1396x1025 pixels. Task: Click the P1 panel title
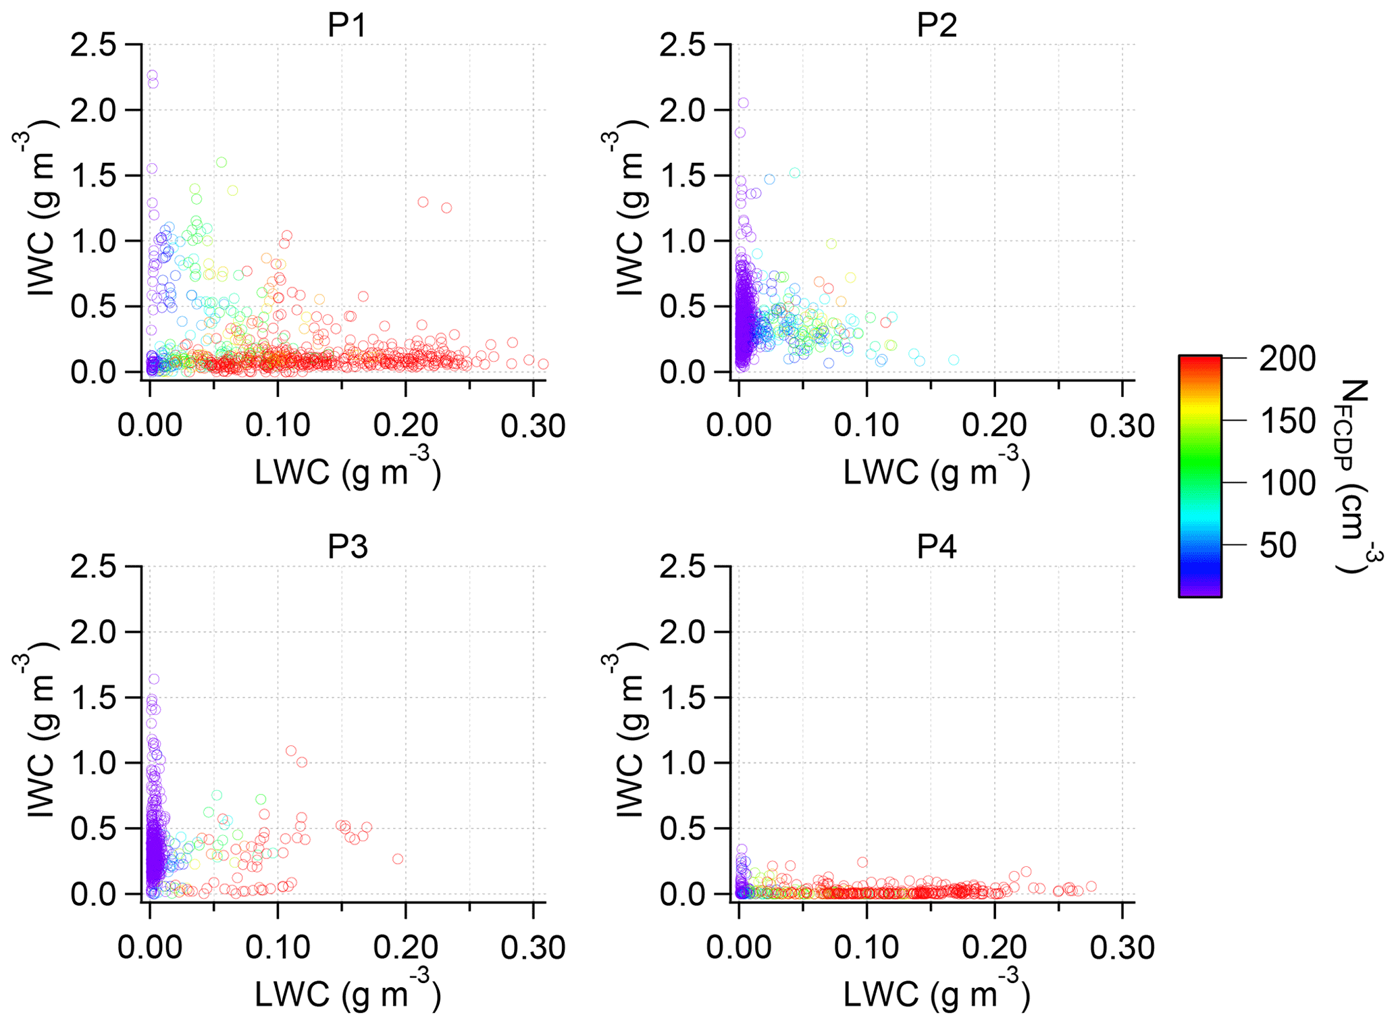pos(347,26)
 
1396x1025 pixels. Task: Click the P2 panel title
pos(936,26)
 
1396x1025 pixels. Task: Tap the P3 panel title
pos(347,547)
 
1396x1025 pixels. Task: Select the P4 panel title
pos(936,547)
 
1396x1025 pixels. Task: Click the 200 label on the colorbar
pos(1287,359)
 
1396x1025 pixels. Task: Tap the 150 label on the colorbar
pos(1287,421)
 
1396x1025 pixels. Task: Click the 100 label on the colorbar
pos(1287,483)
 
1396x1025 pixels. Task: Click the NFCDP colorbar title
pos(1353,476)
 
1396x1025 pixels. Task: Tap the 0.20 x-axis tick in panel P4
pos(994,948)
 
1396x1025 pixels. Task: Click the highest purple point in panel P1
pos(152,75)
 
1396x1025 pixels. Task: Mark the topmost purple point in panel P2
pos(743,103)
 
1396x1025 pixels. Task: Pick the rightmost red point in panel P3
pos(398,859)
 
